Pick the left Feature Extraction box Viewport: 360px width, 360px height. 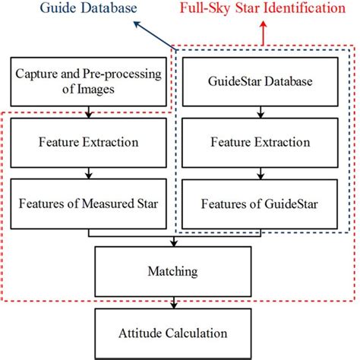[90, 141]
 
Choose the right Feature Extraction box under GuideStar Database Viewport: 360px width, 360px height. [259, 141]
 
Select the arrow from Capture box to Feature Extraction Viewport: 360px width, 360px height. [90, 114]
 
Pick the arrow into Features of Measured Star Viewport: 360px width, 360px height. [90, 173]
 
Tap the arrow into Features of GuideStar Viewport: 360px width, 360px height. [259, 173]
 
